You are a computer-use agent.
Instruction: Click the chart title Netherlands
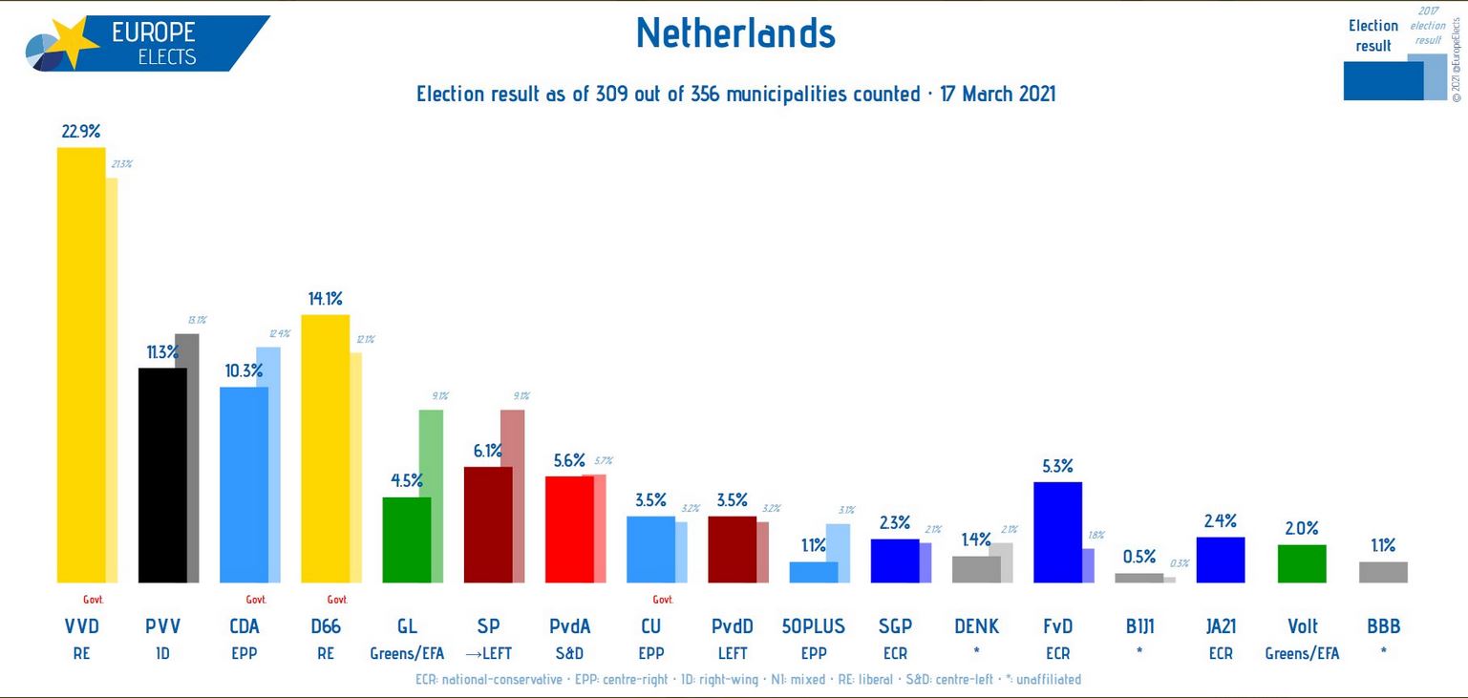tap(735, 34)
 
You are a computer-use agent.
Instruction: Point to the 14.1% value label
tap(325, 297)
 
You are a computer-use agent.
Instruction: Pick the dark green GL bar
tap(406, 539)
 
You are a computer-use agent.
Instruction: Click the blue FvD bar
tap(1057, 532)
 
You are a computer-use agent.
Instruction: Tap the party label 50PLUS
tap(813, 626)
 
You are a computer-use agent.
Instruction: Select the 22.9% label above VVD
tap(81, 132)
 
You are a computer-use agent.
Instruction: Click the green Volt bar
tap(1301, 563)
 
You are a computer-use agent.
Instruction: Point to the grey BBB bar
tap(1383, 572)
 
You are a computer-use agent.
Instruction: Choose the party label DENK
tap(976, 626)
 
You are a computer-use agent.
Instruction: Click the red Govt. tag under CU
tap(662, 600)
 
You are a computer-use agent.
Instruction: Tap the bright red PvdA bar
tap(569, 529)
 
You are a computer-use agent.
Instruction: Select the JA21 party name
tap(1221, 626)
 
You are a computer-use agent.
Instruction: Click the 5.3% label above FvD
tap(1057, 466)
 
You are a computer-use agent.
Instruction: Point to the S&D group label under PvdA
tap(569, 654)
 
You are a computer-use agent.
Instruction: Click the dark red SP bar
tap(488, 524)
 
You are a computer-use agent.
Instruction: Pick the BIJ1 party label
tap(1139, 626)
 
